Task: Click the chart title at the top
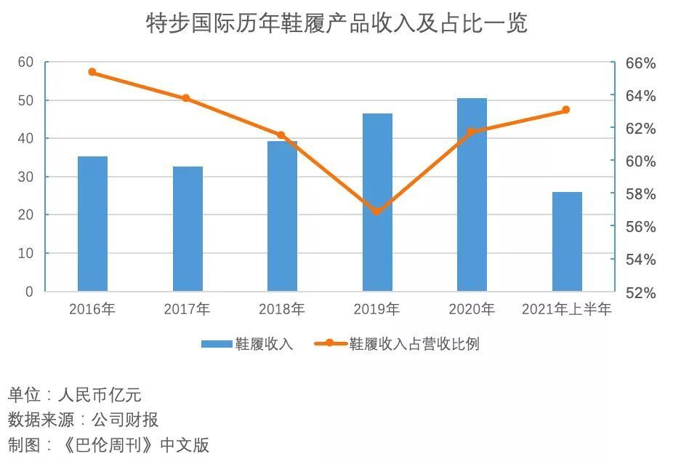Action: tap(336, 23)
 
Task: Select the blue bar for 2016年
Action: tap(92, 224)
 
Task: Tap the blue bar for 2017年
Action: tap(188, 229)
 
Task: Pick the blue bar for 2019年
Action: tap(377, 202)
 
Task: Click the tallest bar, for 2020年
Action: tap(472, 195)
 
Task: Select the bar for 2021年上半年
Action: tap(567, 241)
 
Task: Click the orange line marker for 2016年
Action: tap(92, 72)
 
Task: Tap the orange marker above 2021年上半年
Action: tap(566, 110)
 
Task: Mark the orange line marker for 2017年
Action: tap(186, 98)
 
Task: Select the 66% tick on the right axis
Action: tap(640, 63)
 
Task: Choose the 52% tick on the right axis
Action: tap(640, 292)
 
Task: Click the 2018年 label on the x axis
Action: tap(282, 309)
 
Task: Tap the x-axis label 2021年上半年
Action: tap(567, 309)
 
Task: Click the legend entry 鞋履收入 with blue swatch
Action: tap(248, 344)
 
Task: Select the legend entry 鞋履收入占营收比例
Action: tap(398, 344)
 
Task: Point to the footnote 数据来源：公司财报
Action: tap(84, 420)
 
